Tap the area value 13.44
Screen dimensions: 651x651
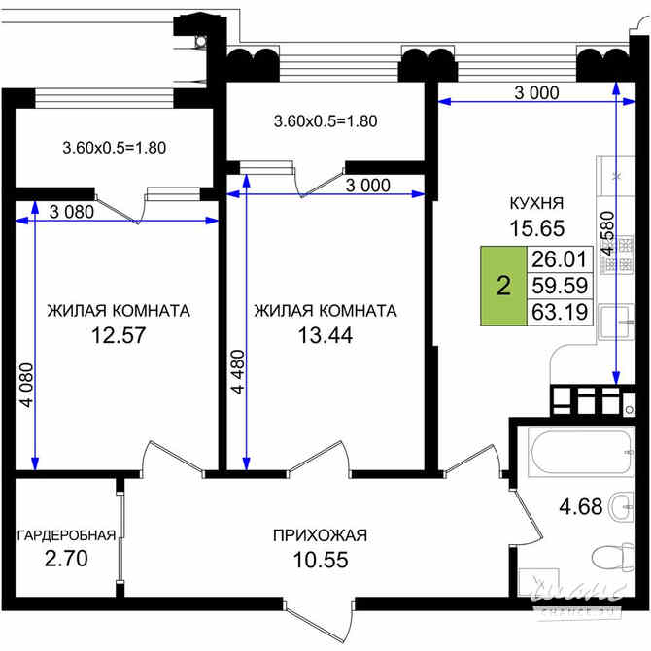tap(325, 336)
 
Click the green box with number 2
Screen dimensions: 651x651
tap(502, 286)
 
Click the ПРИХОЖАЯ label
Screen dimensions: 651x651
tap(320, 534)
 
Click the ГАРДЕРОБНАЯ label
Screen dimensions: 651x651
tap(66, 534)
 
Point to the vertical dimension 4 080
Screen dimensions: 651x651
tap(26, 389)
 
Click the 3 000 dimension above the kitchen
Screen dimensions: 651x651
tap(535, 92)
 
